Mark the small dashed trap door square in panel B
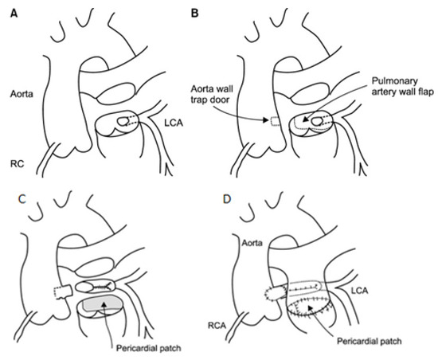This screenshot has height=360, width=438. pyautogui.click(x=275, y=121)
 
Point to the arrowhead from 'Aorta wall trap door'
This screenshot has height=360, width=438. pyautogui.click(x=268, y=120)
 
